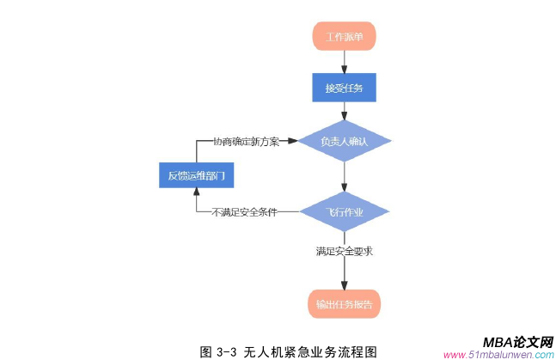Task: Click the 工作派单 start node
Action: pos(345,37)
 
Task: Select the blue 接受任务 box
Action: pos(345,88)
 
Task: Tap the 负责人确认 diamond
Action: pos(345,141)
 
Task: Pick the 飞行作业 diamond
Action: pos(345,211)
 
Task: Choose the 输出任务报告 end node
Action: pos(345,303)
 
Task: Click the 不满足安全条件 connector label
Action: pos(245,211)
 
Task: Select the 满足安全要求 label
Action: pos(344,252)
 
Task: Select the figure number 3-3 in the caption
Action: pos(227,351)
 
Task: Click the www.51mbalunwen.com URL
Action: pos(498,354)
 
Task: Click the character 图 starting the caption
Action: pos(205,351)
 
